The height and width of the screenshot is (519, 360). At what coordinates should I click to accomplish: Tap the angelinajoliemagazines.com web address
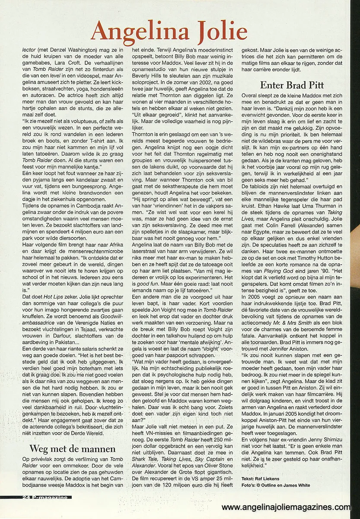click(x=286, y=507)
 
